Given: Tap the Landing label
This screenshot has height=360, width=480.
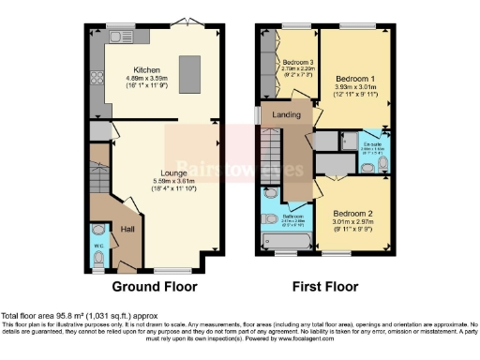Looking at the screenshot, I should (286, 114).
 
